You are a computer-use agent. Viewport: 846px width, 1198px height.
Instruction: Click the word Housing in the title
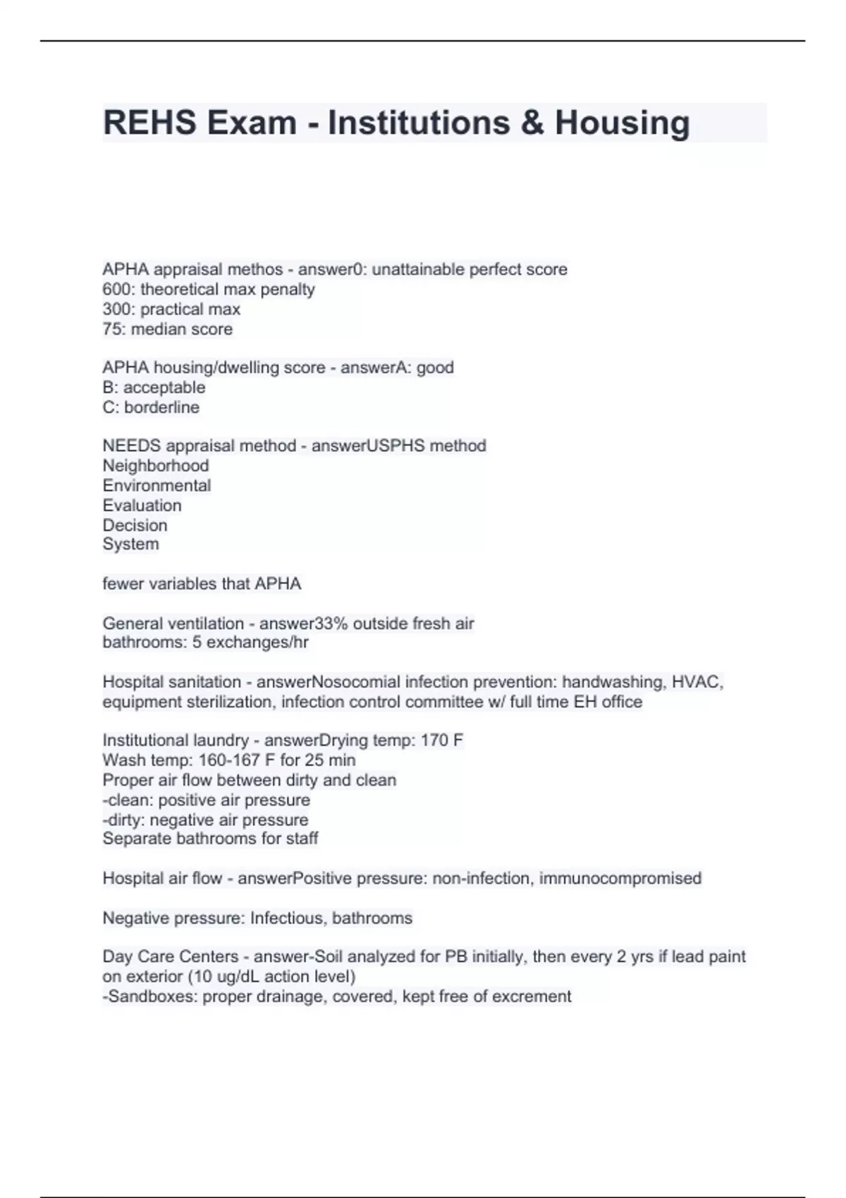622,123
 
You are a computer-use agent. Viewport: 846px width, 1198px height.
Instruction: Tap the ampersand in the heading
532,123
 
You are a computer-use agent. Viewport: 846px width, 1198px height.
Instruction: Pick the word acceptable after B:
164,387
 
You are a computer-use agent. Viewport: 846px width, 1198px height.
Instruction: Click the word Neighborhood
156,466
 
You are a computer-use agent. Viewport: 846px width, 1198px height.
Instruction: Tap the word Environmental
157,486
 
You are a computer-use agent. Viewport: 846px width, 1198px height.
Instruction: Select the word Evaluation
142,505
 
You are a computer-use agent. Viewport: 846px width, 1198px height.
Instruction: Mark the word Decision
135,525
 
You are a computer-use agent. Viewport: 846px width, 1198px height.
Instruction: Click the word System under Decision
130,544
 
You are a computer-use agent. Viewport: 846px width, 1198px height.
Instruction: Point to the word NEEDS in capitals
130,446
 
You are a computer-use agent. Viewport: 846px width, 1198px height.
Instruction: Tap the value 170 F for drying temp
442,741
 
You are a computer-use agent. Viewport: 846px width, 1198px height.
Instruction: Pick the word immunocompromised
620,879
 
